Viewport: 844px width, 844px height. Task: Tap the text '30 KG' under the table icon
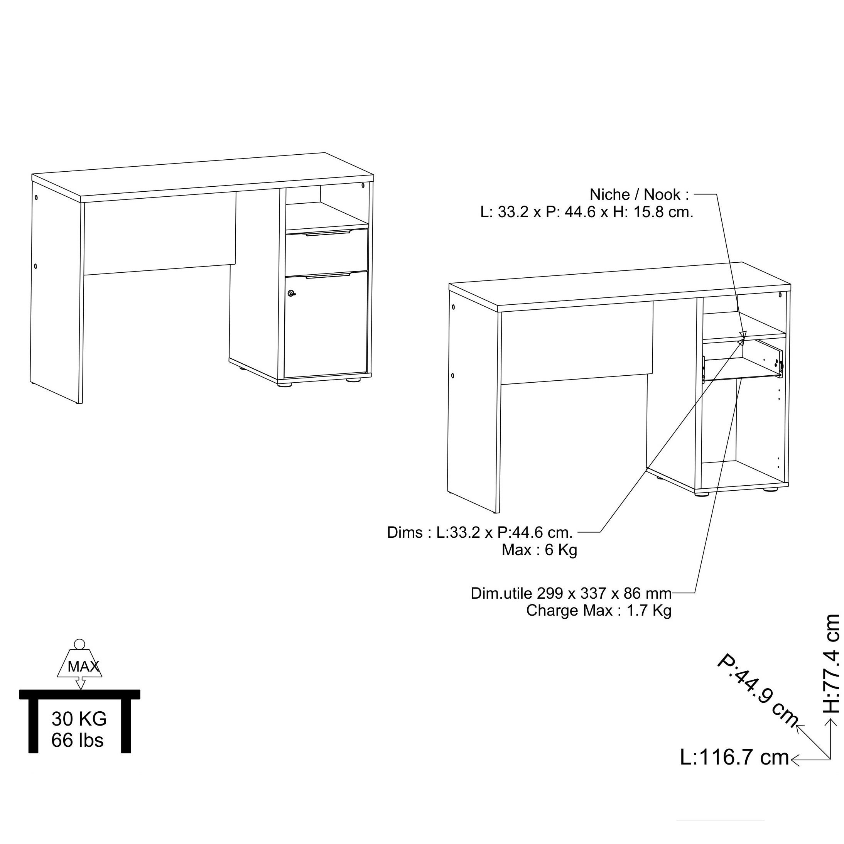pyautogui.click(x=79, y=719)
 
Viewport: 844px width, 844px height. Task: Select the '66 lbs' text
pyautogui.click(x=77, y=740)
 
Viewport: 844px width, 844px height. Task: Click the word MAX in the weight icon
pyautogui.click(x=83, y=667)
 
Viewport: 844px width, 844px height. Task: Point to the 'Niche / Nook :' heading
pyautogui.click(x=639, y=194)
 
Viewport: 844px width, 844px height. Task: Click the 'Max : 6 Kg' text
pyautogui.click(x=540, y=550)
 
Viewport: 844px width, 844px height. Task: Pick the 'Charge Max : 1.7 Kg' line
pyautogui.click(x=599, y=610)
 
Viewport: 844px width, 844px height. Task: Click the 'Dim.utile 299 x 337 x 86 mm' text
pyautogui.click(x=571, y=593)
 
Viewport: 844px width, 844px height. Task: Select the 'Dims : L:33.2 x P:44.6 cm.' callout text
pyautogui.click(x=479, y=533)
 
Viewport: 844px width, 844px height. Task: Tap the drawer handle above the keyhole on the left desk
pyautogui.click(x=327, y=276)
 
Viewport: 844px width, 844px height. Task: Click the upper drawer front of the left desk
pyautogui.click(x=327, y=251)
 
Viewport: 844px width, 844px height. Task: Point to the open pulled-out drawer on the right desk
pyautogui.click(x=742, y=361)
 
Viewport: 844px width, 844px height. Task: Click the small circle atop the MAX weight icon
pyautogui.click(x=79, y=644)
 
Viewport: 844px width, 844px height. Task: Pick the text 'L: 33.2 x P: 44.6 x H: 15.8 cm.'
pyautogui.click(x=587, y=212)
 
